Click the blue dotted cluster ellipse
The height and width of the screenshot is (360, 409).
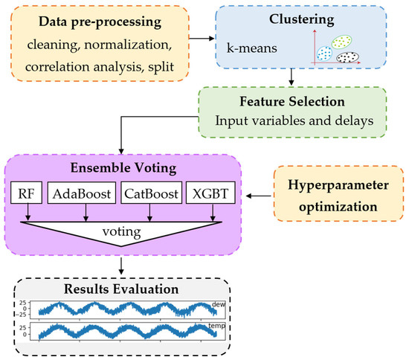[324, 53]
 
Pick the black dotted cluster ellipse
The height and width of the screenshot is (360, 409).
[349, 57]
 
